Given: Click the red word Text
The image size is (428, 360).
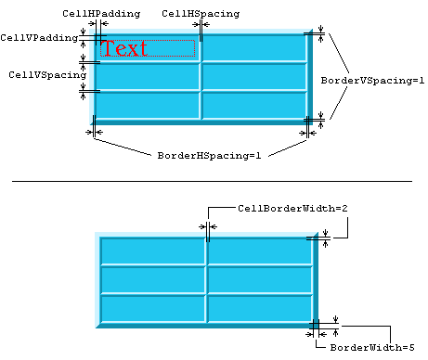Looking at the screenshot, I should point(126,48).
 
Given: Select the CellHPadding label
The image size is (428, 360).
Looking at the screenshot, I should point(101,14).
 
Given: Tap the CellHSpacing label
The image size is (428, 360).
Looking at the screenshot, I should point(201,14).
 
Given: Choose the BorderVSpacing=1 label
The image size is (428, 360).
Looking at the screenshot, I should point(373,81).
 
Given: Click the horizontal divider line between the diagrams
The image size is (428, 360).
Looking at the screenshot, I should point(213,181).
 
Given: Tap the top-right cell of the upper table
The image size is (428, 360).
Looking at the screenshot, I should point(253,48).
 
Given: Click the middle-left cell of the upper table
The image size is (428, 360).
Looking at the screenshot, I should point(148,77).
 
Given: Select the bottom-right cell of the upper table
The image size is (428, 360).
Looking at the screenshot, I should point(253,105).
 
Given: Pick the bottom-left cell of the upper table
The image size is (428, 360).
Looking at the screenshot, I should point(148,105).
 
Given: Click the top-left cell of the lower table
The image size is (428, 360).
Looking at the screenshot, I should point(152,251).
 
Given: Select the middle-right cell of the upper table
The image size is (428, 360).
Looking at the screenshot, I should point(253,77).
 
